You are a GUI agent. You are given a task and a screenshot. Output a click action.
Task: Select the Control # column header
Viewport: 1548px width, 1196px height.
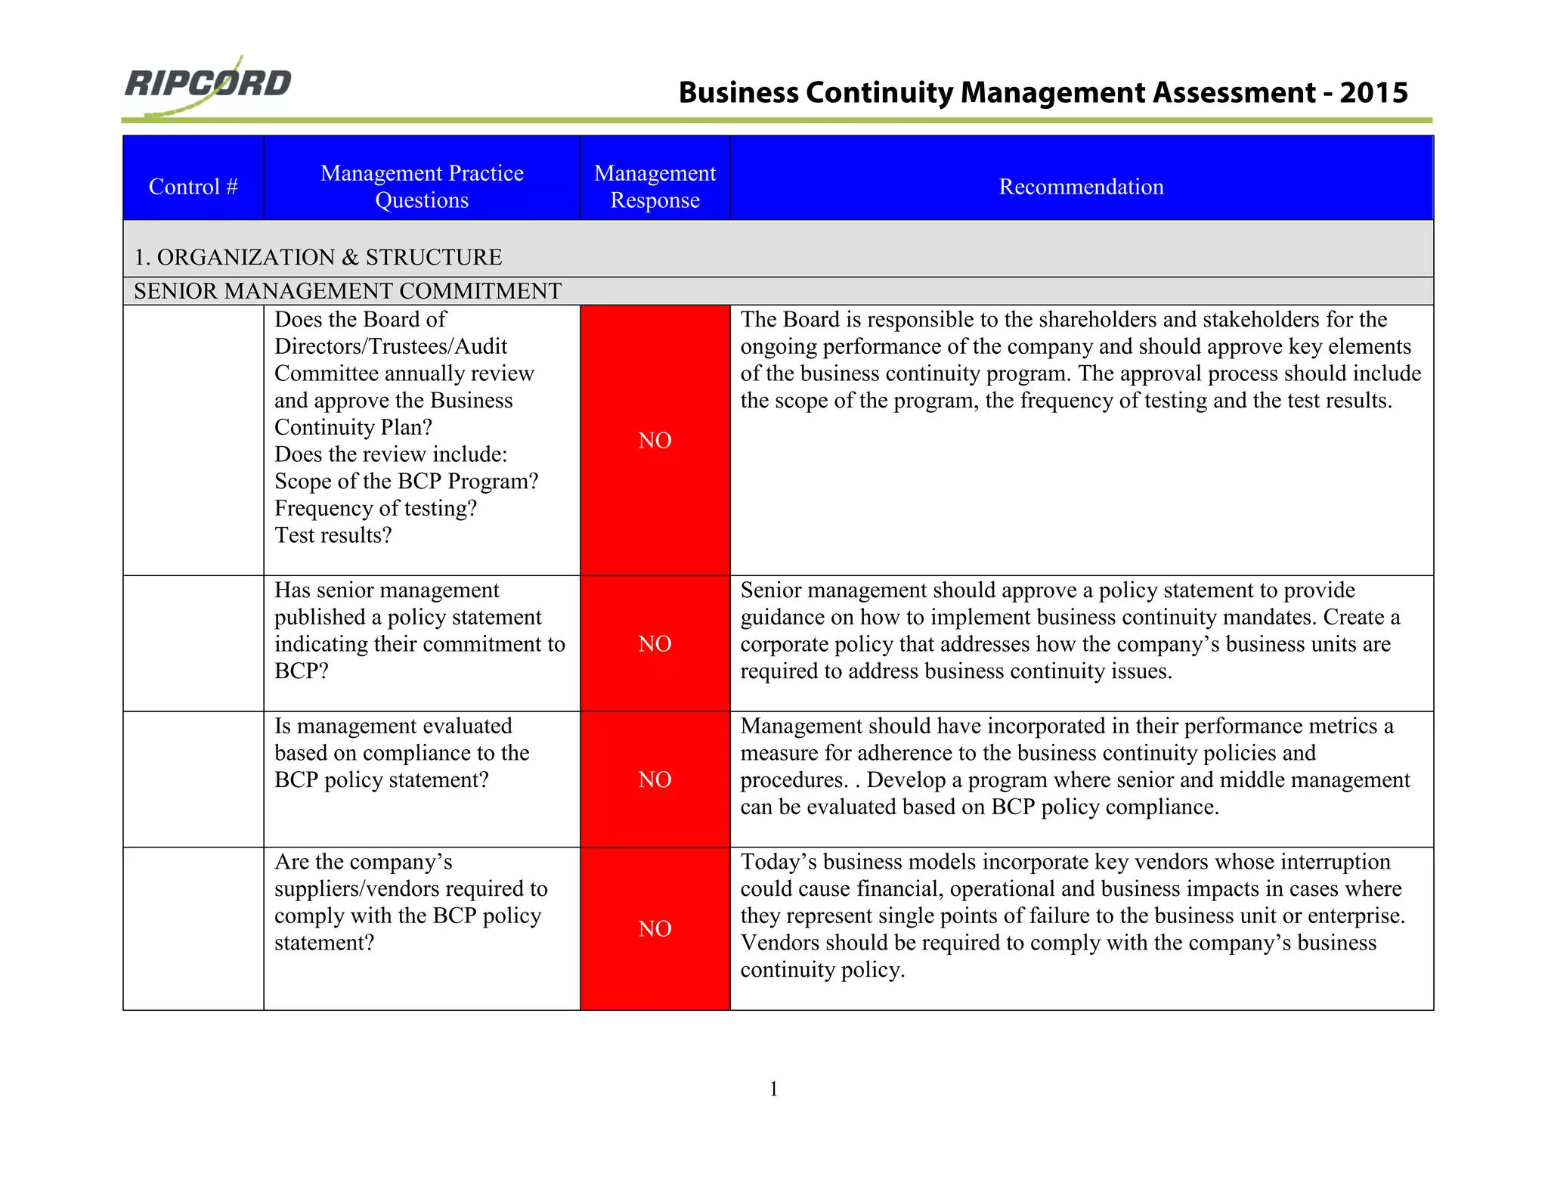(193, 187)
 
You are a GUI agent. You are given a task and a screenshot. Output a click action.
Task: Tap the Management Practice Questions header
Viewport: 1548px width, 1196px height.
(422, 187)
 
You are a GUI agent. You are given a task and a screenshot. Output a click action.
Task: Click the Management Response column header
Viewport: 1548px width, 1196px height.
(655, 187)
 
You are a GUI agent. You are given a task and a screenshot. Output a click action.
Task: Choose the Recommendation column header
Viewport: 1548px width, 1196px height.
(1081, 187)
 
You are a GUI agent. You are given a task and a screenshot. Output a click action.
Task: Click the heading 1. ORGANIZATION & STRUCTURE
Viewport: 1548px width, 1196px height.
(317, 257)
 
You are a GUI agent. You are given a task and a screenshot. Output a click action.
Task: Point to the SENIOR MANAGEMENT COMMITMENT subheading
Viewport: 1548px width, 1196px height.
(348, 291)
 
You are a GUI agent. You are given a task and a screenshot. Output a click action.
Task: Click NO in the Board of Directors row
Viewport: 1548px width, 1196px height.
(655, 441)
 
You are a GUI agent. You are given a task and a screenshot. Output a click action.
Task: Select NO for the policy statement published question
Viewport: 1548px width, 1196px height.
(655, 644)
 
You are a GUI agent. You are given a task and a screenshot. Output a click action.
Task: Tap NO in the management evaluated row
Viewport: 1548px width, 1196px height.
(655, 780)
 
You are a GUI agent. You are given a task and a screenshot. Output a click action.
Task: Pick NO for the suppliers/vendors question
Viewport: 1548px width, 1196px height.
(655, 929)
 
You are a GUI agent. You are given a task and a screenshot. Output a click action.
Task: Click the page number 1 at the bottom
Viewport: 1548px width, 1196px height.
(773, 1089)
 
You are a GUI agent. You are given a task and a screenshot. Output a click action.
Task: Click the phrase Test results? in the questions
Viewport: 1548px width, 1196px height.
(333, 535)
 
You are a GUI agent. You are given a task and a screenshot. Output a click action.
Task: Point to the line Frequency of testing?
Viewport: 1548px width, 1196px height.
(376, 508)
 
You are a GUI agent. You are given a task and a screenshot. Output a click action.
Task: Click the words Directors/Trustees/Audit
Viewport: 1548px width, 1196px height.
(391, 346)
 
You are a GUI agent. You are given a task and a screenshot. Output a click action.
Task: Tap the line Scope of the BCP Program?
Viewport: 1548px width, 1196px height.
(406, 482)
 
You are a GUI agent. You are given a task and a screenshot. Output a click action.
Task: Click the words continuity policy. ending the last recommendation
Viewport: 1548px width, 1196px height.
(822, 970)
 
